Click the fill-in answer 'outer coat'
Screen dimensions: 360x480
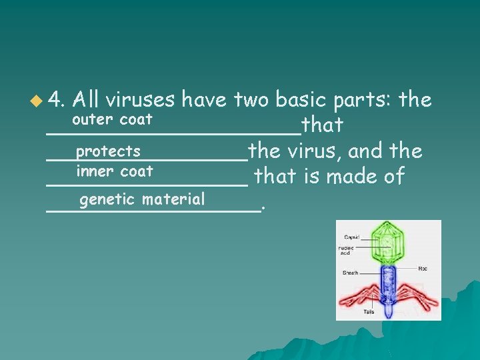point(112,120)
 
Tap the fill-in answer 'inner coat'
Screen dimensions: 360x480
point(115,171)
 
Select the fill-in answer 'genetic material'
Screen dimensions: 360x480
point(141,199)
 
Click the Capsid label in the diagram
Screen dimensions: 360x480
point(351,237)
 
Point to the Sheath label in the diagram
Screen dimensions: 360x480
point(351,273)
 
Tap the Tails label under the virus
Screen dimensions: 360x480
point(369,311)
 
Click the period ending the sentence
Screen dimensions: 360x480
point(264,207)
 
